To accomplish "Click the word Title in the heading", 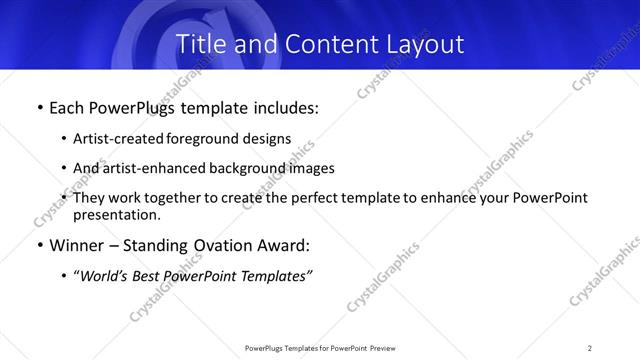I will click(201, 44).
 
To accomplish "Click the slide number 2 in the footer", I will click(590, 348).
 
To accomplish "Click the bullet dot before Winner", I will click(39, 245).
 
